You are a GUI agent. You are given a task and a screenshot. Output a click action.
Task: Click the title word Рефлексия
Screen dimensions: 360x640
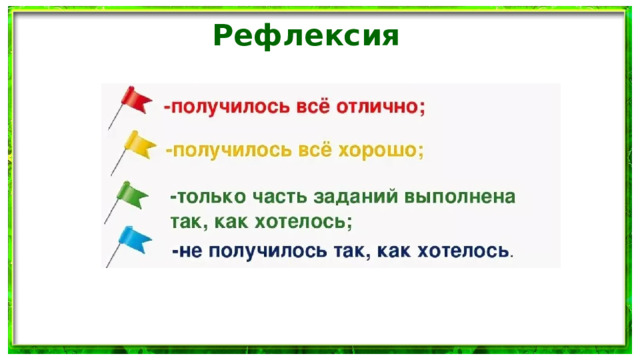pyautogui.click(x=306, y=36)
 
